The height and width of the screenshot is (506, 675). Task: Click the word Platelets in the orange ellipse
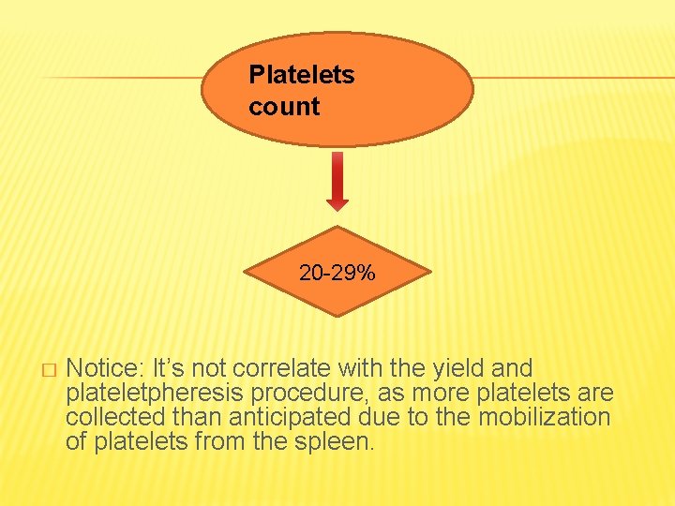click(301, 76)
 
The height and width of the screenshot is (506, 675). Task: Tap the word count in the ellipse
click(284, 107)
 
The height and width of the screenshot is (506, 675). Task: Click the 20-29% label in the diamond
click(337, 274)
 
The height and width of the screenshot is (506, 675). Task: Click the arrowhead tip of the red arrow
click(337, 207)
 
